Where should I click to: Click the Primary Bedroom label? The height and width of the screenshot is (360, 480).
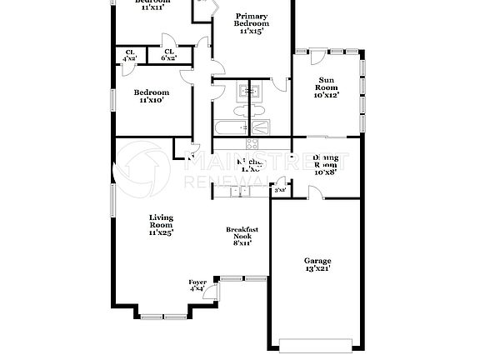251,23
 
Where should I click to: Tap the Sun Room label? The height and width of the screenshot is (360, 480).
327,87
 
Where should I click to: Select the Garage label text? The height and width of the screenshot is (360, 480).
317,265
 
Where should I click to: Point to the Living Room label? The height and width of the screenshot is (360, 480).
161,225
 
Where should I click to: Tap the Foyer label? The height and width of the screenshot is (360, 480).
197,286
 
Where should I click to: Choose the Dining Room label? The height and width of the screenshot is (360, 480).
327,165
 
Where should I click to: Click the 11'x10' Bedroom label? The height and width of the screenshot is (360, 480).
152,96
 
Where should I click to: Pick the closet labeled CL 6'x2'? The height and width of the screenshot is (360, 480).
167,55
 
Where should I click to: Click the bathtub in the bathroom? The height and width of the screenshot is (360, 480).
229,128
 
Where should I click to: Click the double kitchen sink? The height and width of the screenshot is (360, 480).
240,192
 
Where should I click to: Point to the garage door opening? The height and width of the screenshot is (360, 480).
314,344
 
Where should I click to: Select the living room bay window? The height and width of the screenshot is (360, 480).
163,315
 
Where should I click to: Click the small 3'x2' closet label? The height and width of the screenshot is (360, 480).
280,191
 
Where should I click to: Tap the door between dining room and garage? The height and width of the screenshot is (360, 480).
314,193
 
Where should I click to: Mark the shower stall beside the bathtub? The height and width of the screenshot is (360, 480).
261,127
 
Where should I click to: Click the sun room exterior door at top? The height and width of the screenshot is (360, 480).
317,56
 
